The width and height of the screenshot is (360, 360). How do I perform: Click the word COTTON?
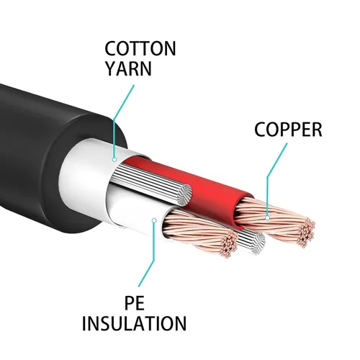point(140,49)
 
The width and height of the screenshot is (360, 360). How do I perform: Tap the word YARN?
point(129,71)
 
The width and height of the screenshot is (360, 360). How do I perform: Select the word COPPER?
point(288,130)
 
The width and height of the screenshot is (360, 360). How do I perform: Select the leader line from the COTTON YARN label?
point(121,115)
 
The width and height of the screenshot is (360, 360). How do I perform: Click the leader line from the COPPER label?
point(274,173)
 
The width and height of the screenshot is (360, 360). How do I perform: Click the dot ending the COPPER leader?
point(267,214)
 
